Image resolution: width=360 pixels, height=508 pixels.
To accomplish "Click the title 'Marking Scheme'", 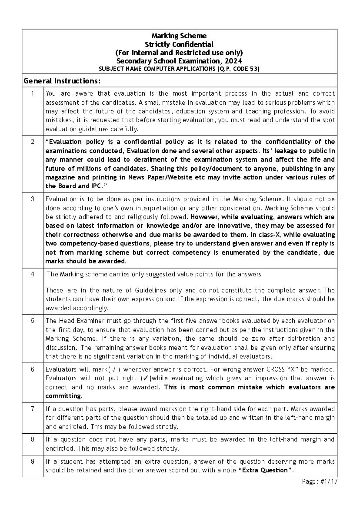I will (x=179, y=36).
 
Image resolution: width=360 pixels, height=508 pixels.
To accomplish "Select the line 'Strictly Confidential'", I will (x=179, y=44).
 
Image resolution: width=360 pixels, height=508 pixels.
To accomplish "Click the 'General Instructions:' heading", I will (x=62, y=81).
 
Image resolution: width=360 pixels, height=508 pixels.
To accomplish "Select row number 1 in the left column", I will (x=33, y=93).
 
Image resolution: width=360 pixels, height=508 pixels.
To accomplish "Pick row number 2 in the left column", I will (x=33, y=142).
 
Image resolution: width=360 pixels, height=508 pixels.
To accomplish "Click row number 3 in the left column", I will (x=33, y=199).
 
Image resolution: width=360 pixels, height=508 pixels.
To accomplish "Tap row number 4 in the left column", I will (x=33, y=274).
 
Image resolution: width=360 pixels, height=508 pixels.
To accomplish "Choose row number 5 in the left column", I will (x=33, y=320).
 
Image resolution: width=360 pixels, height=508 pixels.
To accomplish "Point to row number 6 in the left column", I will (x=33, y=369).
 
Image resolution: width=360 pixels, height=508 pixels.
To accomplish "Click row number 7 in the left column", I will (x=33, y=409).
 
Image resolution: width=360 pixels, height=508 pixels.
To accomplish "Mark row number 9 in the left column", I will (x=33, y=462).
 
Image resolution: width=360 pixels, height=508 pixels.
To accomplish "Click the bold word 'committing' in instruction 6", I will (x=63, y=396).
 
